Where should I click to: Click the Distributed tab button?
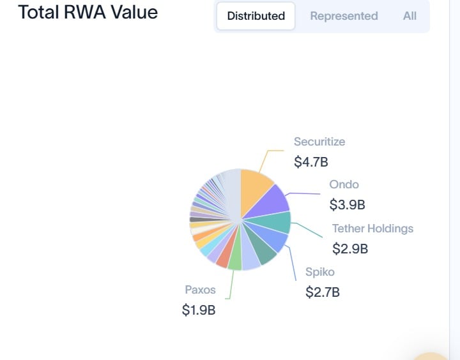[x=256, y=16]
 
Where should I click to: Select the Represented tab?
[x=344, y=16]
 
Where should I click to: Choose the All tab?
[x=410, y=16]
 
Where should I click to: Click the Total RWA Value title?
[x=88, y=12]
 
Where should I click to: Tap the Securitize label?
[x=319, y=142]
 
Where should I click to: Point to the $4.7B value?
[x=311, y=162]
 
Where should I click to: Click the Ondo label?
[x=344, y=184]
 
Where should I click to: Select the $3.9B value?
[x=347, y=205]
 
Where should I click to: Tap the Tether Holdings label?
[x=372, y=229]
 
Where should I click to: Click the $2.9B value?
[x=350, y=248]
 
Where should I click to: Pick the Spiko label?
[x=320, y=272]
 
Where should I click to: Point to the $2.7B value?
[x=323, y=292]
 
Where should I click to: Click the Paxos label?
[x=200, y=290]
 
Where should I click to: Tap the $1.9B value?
[x=199, y=310]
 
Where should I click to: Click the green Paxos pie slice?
[x=235, y=258]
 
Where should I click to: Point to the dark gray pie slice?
[x=203, y=220]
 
